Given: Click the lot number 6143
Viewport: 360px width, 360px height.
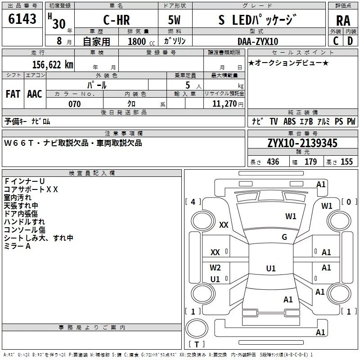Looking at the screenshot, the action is coord(22,19).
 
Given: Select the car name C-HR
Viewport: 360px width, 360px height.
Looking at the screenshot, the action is coord(117,20).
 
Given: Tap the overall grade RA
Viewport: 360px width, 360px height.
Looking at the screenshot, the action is coord(343,21).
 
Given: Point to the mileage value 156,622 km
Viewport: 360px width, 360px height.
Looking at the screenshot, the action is coord(53,65).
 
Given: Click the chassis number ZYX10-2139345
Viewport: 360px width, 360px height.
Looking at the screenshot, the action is coord(302,143).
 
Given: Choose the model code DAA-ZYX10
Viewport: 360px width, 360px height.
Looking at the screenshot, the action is coord(258,41).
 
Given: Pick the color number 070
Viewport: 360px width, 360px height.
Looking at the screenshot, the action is coord(75,104).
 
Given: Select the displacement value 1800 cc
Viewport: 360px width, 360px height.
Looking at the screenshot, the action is coord(141,41).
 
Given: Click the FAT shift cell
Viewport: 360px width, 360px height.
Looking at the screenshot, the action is coord(13,94).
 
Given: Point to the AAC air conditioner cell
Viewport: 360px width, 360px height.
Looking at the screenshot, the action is coord(35,94).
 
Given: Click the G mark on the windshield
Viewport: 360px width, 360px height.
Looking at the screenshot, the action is coord(284,237).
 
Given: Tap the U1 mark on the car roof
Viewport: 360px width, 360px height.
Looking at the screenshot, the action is coord(271,268).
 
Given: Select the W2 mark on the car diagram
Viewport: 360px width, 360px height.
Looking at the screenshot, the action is coord(215,268).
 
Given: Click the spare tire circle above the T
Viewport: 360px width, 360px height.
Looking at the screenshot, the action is coord(197,328).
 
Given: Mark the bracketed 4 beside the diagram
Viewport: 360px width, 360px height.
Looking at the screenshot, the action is coord(193,202).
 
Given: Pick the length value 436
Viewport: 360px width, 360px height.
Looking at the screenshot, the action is coord(273,162).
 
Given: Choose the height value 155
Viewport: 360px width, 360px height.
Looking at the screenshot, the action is coord(346,162).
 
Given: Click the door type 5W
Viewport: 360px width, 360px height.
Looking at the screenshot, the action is coord(174,20).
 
